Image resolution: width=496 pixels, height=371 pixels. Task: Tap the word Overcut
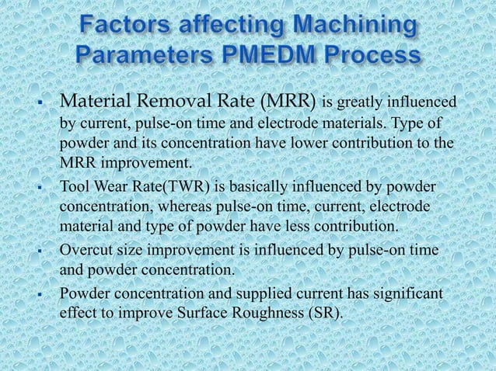click(87, 251)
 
